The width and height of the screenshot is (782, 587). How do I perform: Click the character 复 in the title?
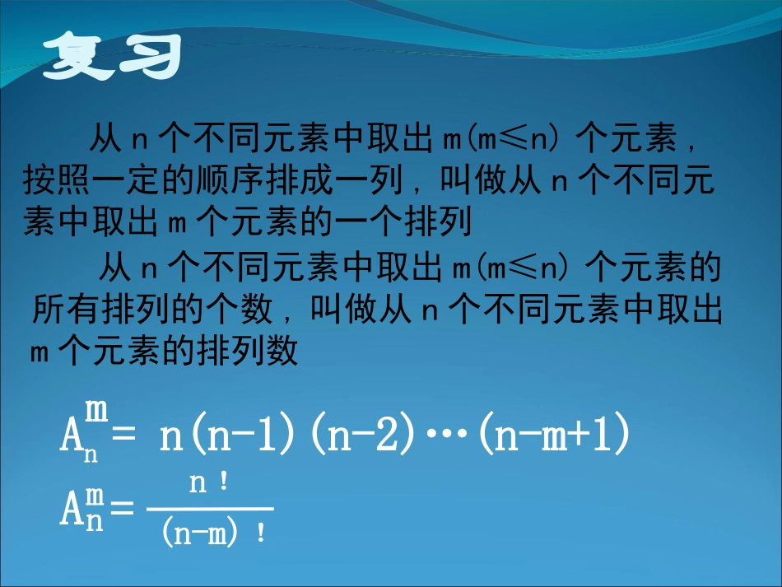pos(79,58)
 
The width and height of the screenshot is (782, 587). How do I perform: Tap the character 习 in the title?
pos(149,58)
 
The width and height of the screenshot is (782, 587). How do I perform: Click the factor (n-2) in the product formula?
pos(362,437)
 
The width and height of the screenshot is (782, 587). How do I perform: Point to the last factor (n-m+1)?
pos(552,437)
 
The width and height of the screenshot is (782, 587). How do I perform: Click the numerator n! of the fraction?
pos(209,485)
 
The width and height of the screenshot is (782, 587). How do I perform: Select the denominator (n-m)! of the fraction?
pos(211,533)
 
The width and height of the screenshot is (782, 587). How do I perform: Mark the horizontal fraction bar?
pos(210,510)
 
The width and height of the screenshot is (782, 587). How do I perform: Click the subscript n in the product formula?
pos(91,454)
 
